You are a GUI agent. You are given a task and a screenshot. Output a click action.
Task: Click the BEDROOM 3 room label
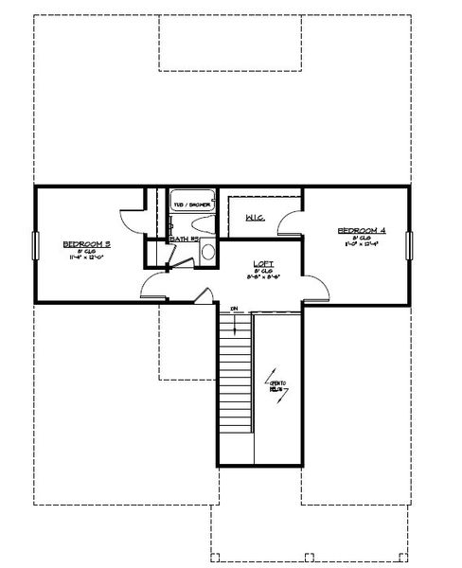coord(87,243)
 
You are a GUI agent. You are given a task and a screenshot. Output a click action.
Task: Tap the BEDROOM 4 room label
coord(362,231)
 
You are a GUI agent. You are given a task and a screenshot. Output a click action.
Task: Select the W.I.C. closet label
coord(255,219)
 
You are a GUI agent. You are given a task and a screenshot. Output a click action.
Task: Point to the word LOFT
coord(263,263)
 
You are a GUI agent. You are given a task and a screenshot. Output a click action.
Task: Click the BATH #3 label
coord(184,240)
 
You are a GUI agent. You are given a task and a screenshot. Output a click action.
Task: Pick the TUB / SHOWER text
coord(192,204)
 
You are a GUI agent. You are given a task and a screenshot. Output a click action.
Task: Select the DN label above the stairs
coord(233,308)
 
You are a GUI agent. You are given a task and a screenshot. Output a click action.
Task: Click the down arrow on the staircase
coord(233,322)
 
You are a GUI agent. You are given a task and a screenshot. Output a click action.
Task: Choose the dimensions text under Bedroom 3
coord(87,257)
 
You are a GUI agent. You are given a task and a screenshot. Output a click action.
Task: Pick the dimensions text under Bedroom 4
coord(362,244)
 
